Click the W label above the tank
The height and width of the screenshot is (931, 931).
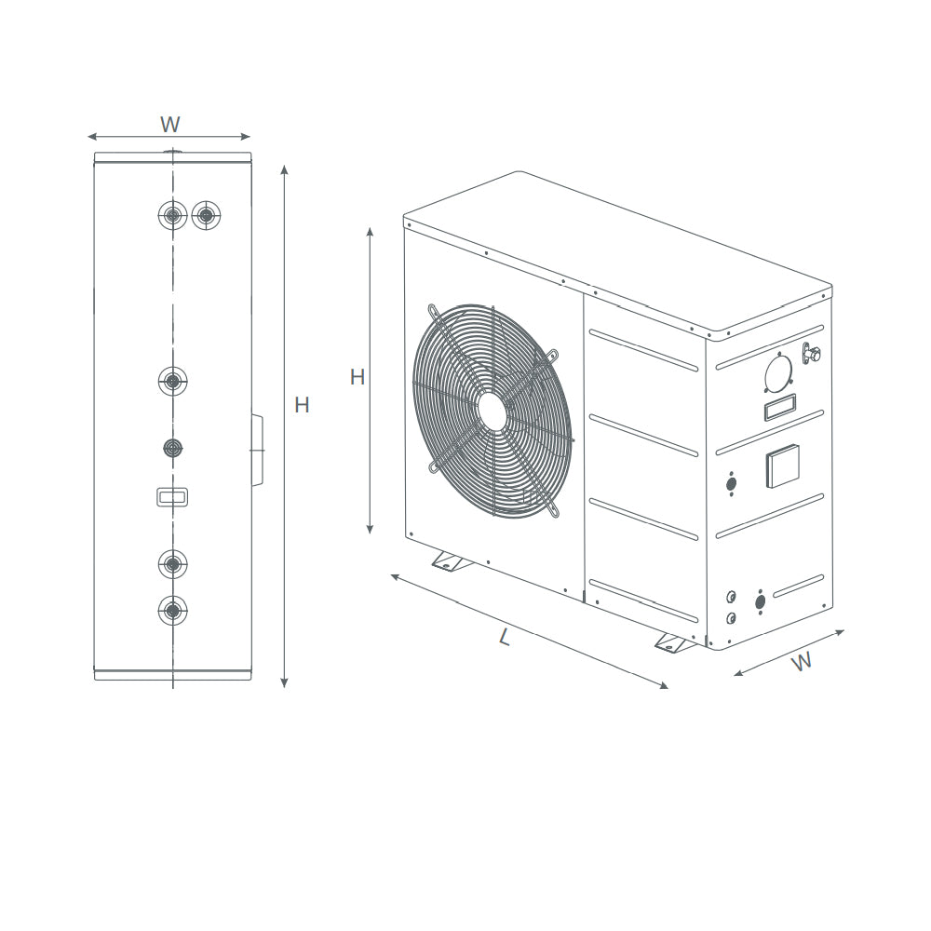coord(169,124)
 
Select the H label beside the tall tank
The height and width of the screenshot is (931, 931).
coord(302,405)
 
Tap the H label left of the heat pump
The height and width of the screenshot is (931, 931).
coord(358,377)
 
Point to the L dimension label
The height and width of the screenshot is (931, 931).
coord(505,638)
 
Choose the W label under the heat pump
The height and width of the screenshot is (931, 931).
coord(801,661)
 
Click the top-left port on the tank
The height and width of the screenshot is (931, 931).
coord(172,216)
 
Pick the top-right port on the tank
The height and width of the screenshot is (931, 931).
coord(207,216)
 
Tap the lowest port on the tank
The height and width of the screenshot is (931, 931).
coord(172,611)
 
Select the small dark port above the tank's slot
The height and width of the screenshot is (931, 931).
coord(172,448)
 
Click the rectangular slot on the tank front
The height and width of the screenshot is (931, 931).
coord(172,497)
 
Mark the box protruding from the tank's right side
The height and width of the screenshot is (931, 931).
coord(258,451)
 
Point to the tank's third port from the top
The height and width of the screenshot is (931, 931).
coord(172,380)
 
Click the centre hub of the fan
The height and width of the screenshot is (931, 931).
coord(493,411)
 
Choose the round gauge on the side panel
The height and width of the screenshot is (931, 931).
coord(779,374)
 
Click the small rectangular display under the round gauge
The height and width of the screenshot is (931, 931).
coord(780,407)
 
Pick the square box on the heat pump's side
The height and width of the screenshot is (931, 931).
coord(782,465)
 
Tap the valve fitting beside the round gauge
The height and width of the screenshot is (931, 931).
coord(812,353)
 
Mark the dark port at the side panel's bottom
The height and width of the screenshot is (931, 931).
coord(761,601)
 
